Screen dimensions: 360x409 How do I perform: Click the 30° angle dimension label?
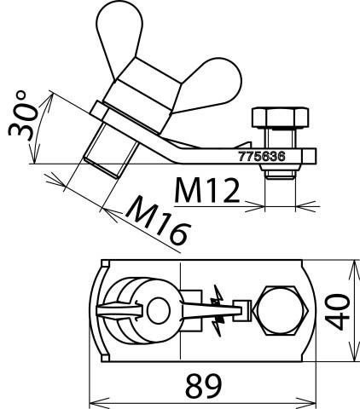pyautogui.click(x=23, y=116)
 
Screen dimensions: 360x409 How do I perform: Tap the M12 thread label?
pyautogui.click(x=206, y=190)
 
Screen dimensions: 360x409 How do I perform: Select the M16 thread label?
pyautogui.click(x=158, y=220)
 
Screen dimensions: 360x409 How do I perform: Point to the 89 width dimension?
pyautogui.click(x=203, y=386)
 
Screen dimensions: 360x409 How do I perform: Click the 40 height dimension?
pyautogui.click(x=338, y=312)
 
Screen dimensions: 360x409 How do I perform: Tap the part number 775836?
pyautogui.click(x=262, y=156)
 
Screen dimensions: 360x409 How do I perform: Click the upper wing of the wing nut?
pyautogui.click(x=119, y=34)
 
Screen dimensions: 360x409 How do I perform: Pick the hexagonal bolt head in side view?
pyautogui.click(x=281, y=117)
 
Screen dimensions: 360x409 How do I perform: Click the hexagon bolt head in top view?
pyautogui.click(x=280, y=310)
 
